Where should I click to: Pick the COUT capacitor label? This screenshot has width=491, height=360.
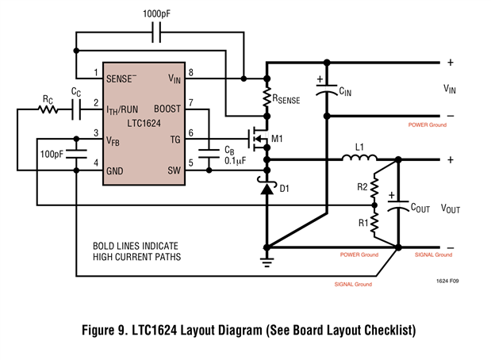(420, 208)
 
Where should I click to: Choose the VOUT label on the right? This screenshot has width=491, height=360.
(450, 209)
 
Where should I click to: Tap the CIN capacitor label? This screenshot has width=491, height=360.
(346, 92)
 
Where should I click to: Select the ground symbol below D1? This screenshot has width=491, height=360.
(267, 258)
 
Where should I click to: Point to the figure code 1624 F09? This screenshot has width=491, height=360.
(446, 281)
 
